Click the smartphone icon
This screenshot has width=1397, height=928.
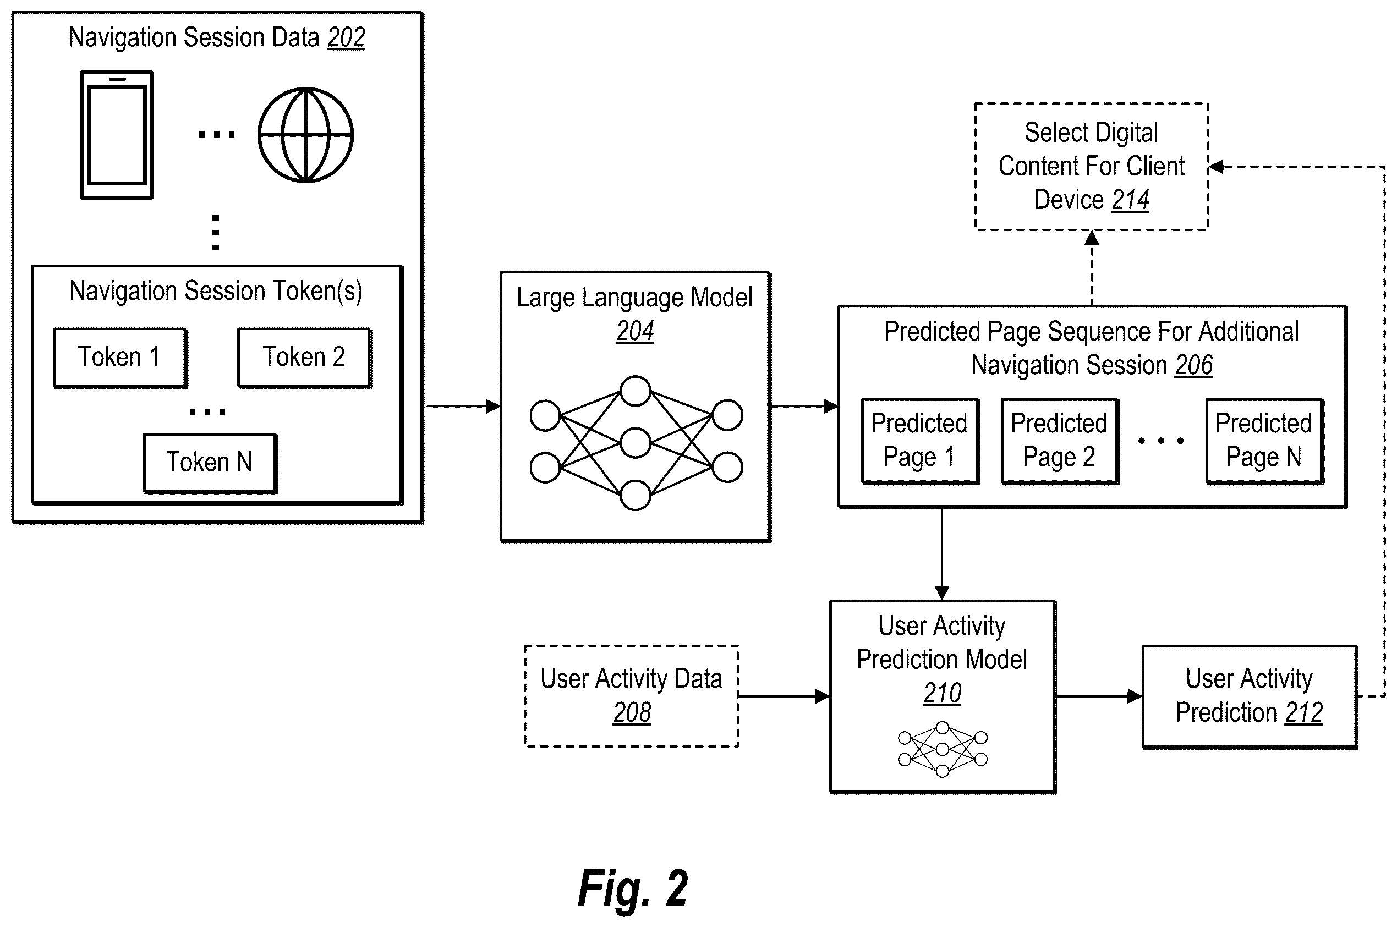pos(117,135)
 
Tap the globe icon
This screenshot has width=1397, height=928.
pos(305,135)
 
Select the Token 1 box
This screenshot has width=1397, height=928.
pos(120,358)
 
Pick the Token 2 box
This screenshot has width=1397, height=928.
pos(304,358)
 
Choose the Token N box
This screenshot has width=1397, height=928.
pos(210,463)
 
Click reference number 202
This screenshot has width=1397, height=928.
pos(346,38)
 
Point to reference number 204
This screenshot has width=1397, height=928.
pos(635,331)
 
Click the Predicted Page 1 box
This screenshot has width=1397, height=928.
pos(920,442)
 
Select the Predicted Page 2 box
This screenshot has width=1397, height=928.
pos(1060,442)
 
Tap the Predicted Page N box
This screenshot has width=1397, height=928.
pos(1264,442)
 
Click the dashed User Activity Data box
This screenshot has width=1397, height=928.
pos(632,696)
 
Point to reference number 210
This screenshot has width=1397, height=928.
pos(943,693)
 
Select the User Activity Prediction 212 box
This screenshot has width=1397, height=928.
pos(1250,697)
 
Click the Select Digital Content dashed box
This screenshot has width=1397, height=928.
pos(1092,166)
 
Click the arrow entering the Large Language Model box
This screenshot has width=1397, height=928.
pos(463,407)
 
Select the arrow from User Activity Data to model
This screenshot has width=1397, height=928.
pos(784,696)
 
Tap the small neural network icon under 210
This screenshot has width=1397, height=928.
pos(943,749)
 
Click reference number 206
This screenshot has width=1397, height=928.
pos(1194,365)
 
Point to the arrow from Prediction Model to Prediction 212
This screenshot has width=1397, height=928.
pos(1099,696)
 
